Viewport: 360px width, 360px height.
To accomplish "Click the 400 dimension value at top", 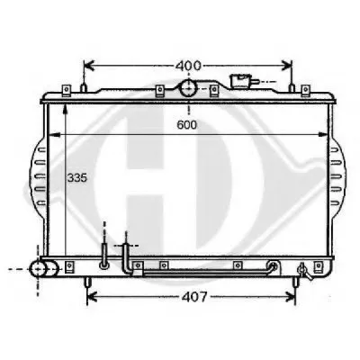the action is (188, 66).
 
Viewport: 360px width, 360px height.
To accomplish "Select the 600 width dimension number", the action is (187, 125).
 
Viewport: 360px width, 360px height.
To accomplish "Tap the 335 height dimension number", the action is (76, 178).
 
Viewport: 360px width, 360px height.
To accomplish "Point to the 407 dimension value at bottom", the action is (194, 297).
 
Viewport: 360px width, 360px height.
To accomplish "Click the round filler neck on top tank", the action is (188, 88).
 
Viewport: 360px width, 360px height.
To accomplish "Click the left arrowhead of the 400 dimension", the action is (89, 66).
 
